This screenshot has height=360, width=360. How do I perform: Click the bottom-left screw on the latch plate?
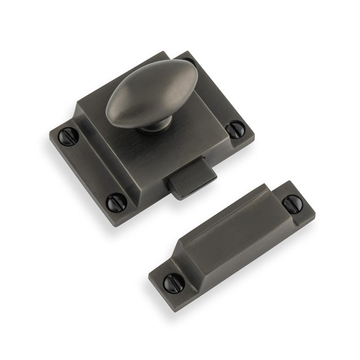116,202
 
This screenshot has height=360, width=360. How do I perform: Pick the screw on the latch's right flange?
235,129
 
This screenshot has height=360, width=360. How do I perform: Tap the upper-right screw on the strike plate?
292,204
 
